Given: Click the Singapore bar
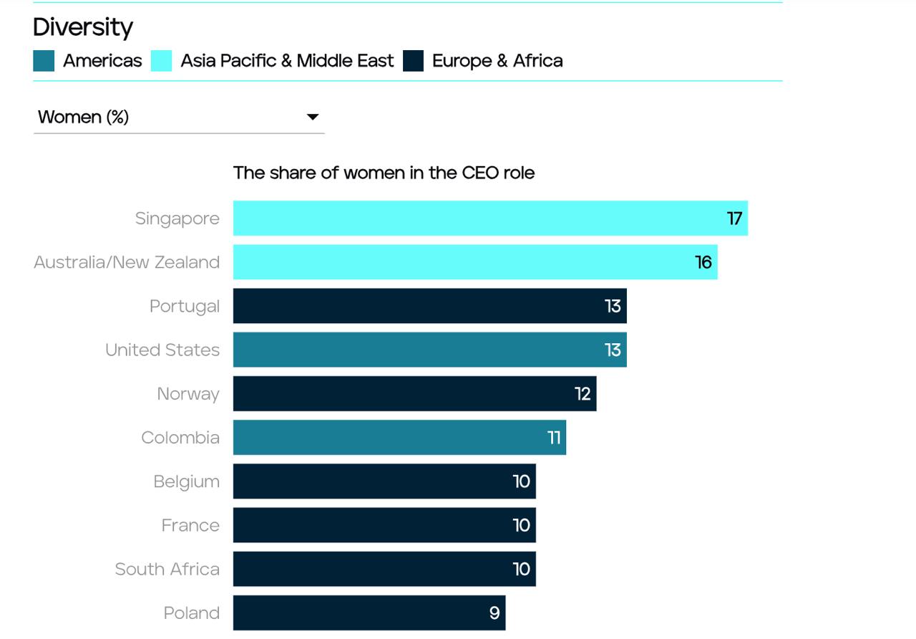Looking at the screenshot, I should click(x=490, y=218).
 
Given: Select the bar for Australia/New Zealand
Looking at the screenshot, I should click(x=475, y=262).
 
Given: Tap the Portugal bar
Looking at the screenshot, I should click(x=429, y=306).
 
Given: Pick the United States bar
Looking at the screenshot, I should click(x=429, y=350).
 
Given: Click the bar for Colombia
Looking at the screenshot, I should click(x=399, y=437).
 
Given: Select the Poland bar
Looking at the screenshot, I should click(x=369, y=612).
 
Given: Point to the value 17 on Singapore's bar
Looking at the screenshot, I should click(x=734, y=218).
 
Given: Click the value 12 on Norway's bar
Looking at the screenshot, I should click(x=583, y=393).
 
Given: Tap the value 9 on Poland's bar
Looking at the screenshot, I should click(x=494, y=612).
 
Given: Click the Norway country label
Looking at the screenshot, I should click(x=188, y=394).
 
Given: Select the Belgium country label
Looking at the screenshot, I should click(x=186, y=481).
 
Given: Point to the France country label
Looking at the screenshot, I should click(x=190, y=525).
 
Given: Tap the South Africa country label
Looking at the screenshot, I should click(x=167, y=569).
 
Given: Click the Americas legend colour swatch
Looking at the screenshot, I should click(x=44, y=61).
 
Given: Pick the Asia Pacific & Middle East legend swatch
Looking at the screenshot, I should click(x=161, y=61).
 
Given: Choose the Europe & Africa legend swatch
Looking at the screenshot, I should click(x=413, y=61).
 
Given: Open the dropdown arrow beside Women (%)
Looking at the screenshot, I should click(x=313, y=117).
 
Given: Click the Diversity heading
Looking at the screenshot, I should click(x=83, y=27).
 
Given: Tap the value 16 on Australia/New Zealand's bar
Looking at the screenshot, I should click(x=703, y=262).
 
